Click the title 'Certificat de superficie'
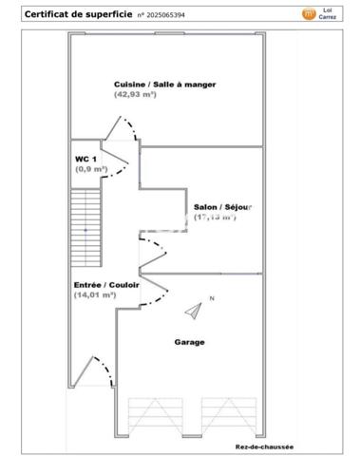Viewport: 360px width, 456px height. point(64,14)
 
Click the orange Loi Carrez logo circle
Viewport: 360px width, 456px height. point(308,13)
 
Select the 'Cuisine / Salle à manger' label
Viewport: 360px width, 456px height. point(164,85)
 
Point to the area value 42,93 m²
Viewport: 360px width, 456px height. point(136,95)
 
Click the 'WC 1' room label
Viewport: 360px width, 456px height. point(85,158)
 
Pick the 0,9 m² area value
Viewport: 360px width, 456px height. point(91,169)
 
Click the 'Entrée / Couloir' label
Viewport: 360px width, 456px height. point(106,284)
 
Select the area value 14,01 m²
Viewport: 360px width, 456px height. point(95,295)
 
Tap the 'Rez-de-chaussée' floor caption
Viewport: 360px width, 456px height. point(265,446)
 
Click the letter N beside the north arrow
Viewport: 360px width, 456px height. point(212,299)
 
